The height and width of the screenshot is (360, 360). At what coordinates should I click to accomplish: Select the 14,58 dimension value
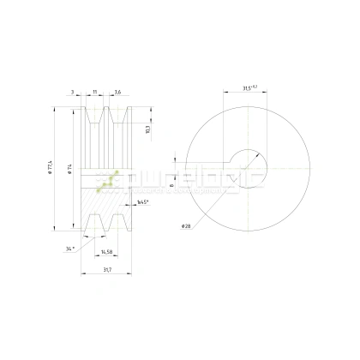point(108,252)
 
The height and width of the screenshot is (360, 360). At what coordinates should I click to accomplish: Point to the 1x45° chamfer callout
point(143,201)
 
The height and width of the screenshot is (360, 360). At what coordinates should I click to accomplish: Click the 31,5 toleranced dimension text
point(251,87)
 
